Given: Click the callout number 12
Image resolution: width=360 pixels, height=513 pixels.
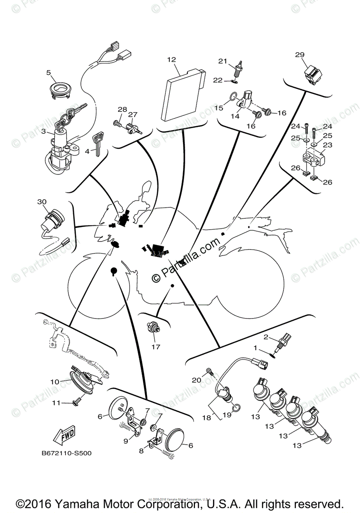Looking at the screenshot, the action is tap(171, 60).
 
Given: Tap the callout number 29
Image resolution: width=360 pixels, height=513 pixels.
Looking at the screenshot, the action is tap(300, 55).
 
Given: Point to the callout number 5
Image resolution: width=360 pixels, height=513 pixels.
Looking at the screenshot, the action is tap(49, 73).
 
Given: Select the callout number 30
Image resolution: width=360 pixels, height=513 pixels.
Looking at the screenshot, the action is tap(42, 201).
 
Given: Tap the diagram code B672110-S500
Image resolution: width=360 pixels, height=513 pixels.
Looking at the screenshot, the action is tap(67, 453).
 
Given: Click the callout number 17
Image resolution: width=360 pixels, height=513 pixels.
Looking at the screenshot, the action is tap(156, 347).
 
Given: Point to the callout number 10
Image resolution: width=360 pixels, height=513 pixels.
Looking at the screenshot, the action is tap(55, 381).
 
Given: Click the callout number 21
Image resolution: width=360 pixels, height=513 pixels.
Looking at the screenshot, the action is tap(223, 61).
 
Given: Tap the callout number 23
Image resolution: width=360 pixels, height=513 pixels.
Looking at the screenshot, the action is tap(328, 145).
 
